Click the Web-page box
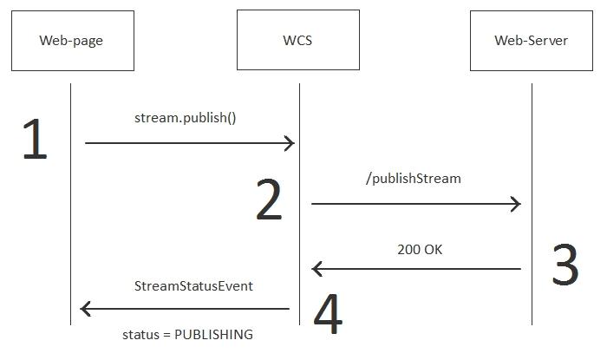click(72, 41)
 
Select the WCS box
click(297, 41)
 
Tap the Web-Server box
click(531, 41)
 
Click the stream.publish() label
click(185, 117)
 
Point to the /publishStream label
click(414, 179)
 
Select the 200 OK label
click(421, 249)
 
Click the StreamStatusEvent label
click(193, 285)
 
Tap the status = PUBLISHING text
click(187, 334)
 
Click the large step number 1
click(34, 140)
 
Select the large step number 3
click(565, 265)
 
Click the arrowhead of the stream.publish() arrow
click(290, 143)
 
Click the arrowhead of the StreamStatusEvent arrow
click(85, 308)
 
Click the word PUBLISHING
click(213, 334)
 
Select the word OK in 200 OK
click(434, 249)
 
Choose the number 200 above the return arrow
click(408, 249)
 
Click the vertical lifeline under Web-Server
click(532, 173)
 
